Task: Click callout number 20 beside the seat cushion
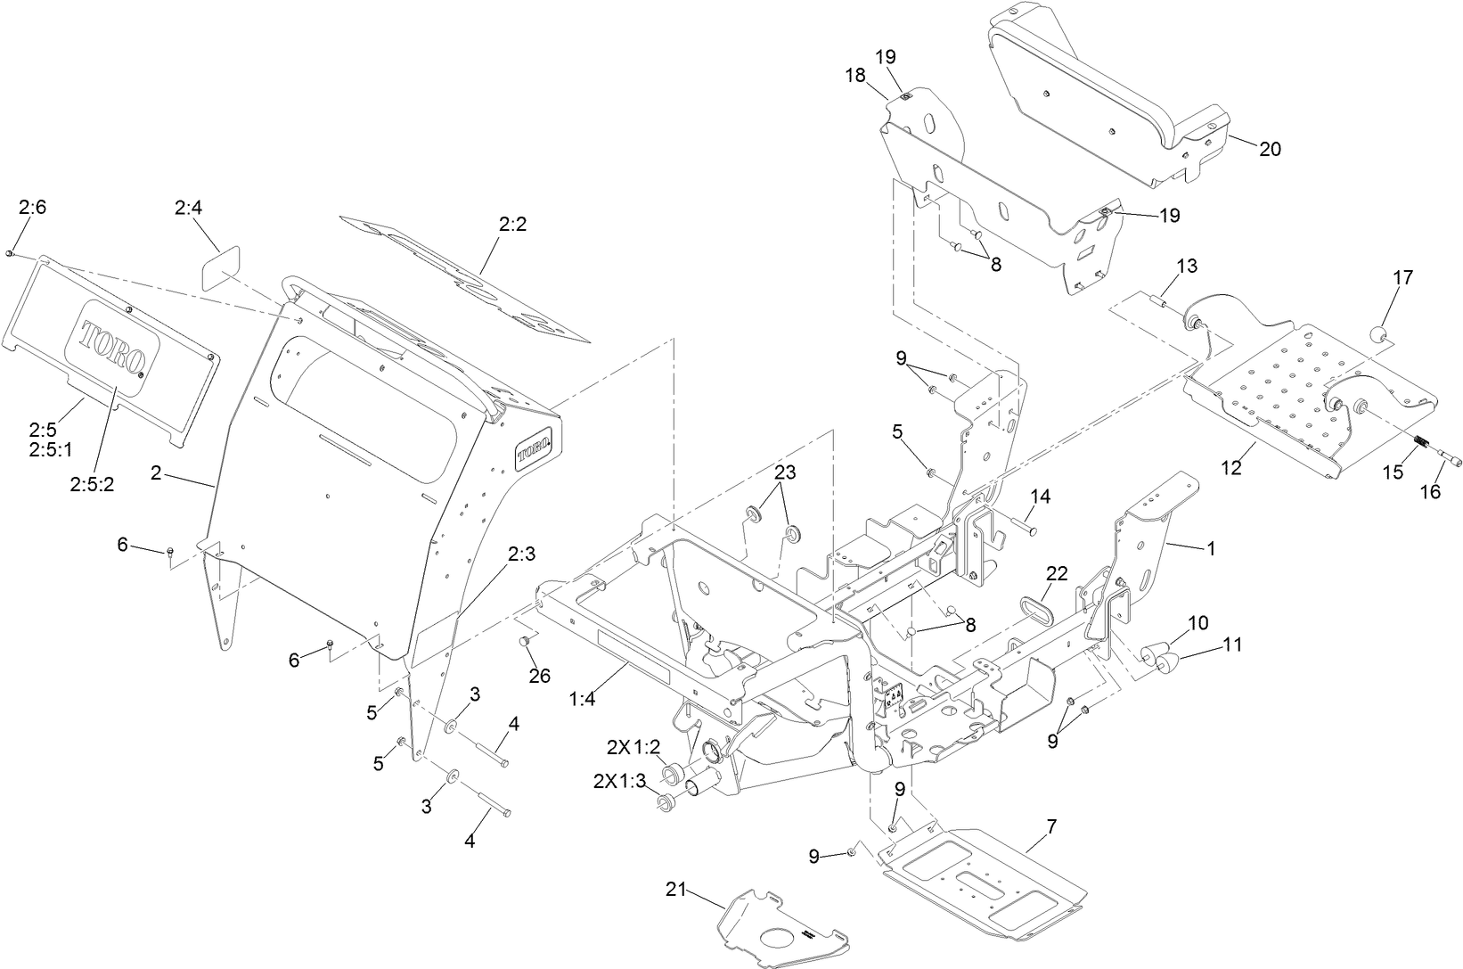(x=1270, y=149)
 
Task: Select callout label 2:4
(x=189, y=208)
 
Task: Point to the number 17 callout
(x=1402, y=277)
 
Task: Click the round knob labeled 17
(x=1379, y=336)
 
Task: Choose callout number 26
(x=540, y=676)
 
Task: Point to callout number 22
(x=1057, y=574)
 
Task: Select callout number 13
(x=1187, y=266)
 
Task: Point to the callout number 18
(x=855, y=76)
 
